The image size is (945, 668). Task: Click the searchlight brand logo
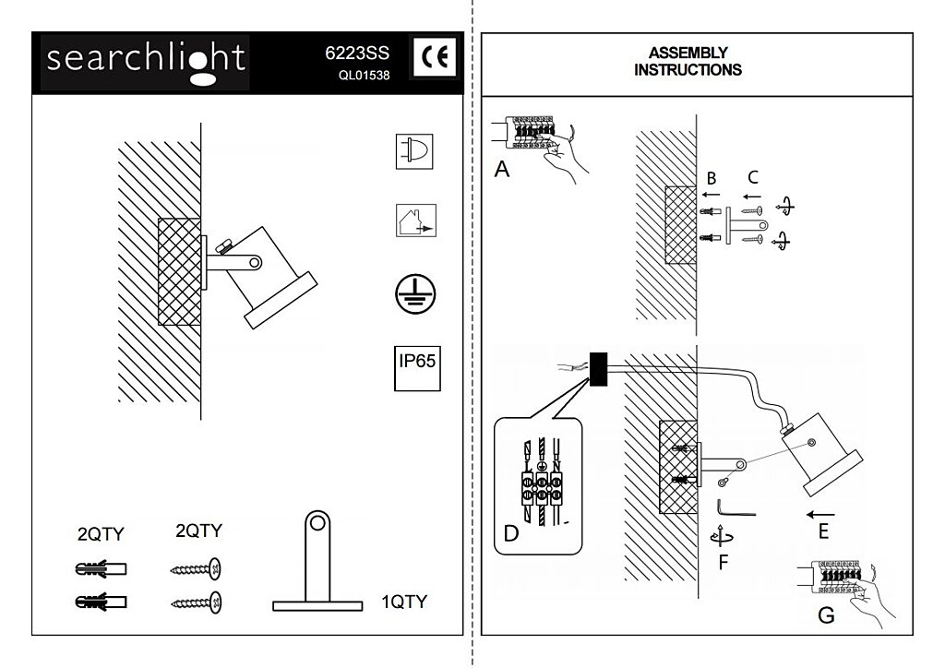click(146, 61)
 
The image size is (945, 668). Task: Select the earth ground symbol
click(416, 293)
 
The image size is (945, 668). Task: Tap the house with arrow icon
click(415, 221)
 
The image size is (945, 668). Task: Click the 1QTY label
click(405, 602)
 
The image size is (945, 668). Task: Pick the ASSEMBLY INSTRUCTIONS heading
click(688, 61)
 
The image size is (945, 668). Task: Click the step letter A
click(502, 169)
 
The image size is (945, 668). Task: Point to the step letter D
click(511, 532)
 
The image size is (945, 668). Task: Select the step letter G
click(826, 615)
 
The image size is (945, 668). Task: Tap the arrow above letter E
click(820, 513)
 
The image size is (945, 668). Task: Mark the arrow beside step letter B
click(711, 196)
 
